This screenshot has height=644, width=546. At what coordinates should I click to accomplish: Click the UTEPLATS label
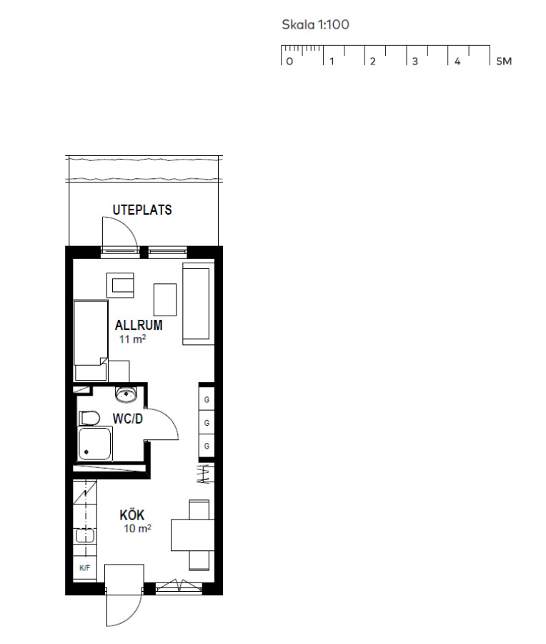[142, 210]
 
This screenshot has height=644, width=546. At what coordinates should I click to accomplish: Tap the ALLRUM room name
[139, 326]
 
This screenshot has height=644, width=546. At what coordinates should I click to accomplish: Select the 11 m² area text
[132, 339]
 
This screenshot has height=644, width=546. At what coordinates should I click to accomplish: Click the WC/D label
[128, 419]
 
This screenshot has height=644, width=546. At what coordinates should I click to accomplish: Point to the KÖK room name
[132, 515]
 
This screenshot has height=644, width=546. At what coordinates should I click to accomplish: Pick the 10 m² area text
[137, 528]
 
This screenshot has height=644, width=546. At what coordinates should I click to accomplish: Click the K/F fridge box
[85, 568]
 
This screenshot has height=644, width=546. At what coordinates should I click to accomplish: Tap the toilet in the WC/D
[89, 418]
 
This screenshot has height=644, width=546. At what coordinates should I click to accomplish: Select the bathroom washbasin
[126, 395]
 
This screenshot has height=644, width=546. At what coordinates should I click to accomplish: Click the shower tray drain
[86, 452]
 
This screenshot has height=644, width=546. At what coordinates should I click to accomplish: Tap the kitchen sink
[85, 535]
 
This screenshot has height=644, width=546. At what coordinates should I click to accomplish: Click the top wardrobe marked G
[207, 399]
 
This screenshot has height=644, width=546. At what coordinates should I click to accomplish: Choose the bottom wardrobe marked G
[207, 446]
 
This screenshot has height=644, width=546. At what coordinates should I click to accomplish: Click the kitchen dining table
[193, 535]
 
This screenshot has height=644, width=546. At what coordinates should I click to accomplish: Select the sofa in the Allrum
[199, 303]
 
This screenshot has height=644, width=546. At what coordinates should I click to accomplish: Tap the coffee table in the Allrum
[165, 299]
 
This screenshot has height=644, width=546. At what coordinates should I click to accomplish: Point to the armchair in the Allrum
[121, 285]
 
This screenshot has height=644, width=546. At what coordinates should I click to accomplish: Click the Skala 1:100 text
[315, 24]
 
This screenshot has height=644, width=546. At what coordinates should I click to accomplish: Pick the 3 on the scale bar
[415, 62]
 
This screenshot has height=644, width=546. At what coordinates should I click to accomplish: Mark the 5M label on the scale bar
[504, 62]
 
